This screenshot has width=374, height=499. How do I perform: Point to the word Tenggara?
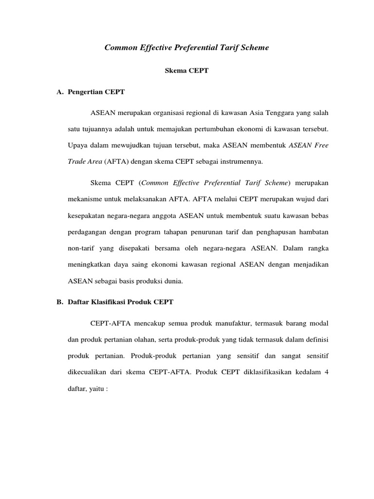click(266, 113)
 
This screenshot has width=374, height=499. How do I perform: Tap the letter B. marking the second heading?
click(60, 302)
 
